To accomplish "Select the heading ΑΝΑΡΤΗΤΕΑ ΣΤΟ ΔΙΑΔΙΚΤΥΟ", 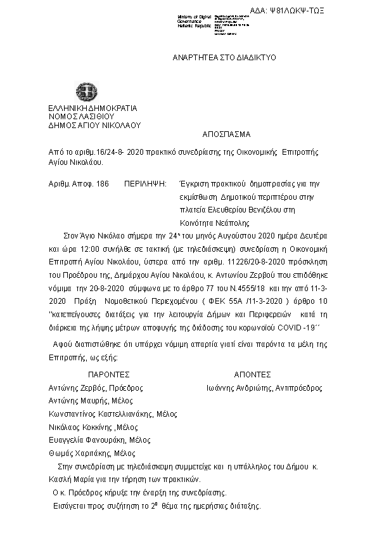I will pos(224,58).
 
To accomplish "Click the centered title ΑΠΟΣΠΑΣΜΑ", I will pos(226,134).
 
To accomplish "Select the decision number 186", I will pos(101,183).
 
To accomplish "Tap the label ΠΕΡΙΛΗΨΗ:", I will pos(145,183).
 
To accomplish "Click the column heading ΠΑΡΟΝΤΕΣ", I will pos(109,375).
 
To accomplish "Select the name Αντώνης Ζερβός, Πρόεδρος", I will pos(96,387).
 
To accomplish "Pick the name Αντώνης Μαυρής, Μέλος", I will pos(91,401).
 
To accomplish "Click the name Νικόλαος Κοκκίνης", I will pos(79,427).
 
